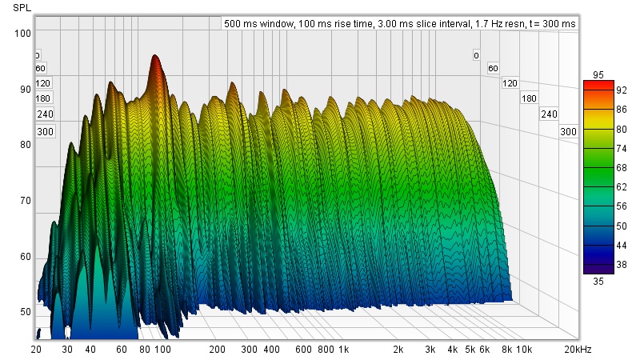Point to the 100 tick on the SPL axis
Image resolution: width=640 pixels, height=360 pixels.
(x=22, y=33)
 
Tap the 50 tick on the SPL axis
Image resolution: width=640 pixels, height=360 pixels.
(x=25, y=312)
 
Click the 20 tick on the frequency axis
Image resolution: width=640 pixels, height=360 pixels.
(x=36, y=350)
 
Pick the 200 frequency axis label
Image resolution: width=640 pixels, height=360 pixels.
(x=216, y=350)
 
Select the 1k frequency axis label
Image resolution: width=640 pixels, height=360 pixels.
(x=343, y=350)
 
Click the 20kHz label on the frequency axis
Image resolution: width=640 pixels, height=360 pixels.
(x=578, y=350)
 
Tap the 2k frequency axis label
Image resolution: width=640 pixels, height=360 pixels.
(x=398, y=350)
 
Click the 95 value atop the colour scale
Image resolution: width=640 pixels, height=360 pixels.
(x=598, y=74)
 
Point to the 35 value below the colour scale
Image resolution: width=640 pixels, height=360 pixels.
(x=598, y=281)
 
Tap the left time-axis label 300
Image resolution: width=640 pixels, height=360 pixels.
(x=44, y=132)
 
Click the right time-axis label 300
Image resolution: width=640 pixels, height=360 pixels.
(x=568, y=131)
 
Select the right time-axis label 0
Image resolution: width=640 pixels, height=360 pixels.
(x=476, y=55)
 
